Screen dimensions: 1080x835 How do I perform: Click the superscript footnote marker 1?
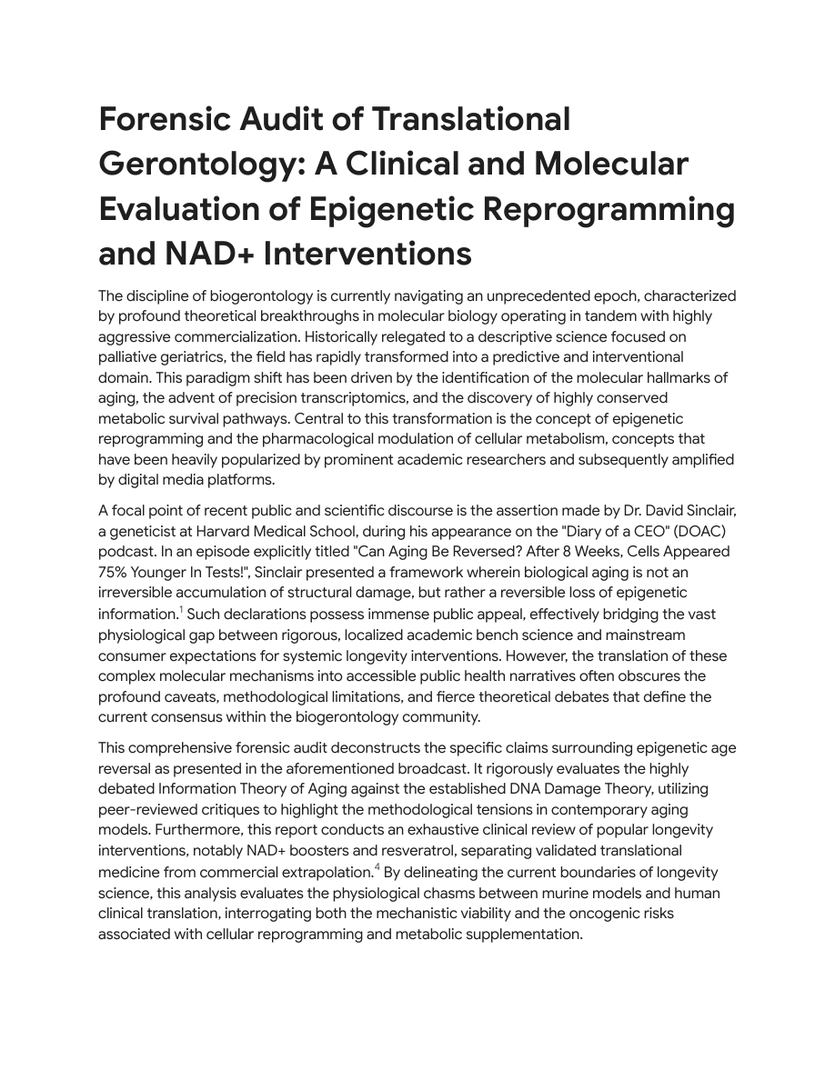coord(181,611)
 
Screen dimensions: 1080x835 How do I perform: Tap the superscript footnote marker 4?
coord(377,868)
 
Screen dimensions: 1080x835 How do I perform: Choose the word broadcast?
coord(431,768)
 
